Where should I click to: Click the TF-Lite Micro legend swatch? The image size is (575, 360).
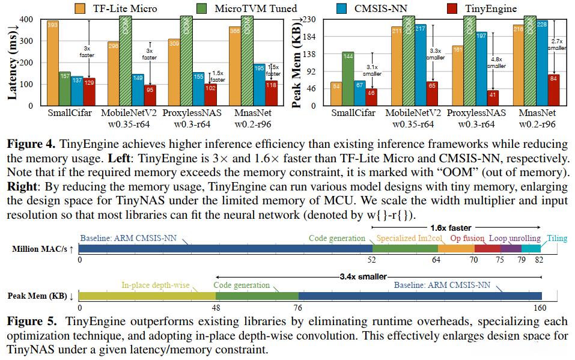[81, 8]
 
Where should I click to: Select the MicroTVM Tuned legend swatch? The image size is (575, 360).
[203, 8]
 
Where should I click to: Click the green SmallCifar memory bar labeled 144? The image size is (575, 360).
[347, 79]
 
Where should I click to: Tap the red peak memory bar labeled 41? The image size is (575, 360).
[493, 98]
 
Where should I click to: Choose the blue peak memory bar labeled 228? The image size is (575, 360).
[541, 63]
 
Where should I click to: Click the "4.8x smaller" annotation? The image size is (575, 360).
[496, 63]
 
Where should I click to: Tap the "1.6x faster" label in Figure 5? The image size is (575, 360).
[450, 228]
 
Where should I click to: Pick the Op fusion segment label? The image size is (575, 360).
[467, 239]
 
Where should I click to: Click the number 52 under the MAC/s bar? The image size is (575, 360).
[372, 260]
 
